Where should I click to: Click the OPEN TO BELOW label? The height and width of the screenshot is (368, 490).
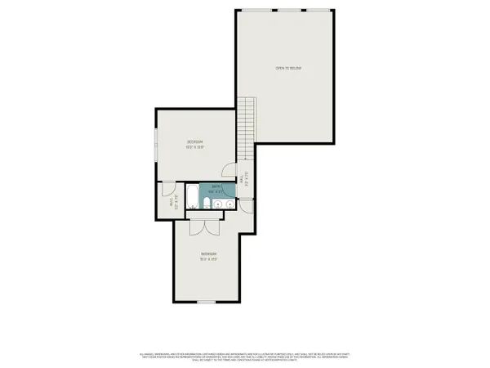[288, 68]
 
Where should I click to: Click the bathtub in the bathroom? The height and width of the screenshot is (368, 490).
[192, 195]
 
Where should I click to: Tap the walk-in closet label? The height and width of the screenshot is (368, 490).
[171, 201]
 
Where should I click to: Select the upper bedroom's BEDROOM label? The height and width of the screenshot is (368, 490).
[194, 142]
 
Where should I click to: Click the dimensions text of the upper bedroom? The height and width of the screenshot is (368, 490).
[194, 148]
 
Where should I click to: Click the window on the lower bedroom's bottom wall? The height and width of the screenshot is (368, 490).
[206, 302]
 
